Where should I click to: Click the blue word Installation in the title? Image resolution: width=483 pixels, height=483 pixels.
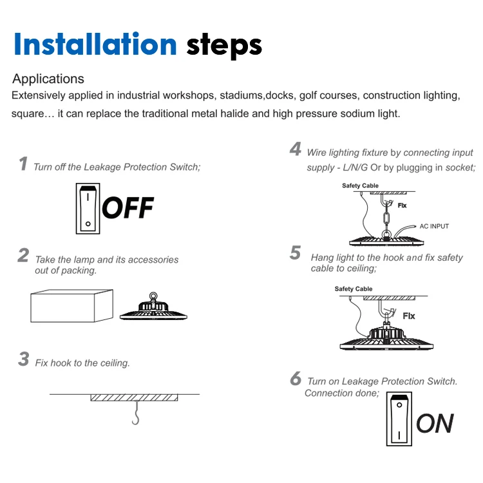tap(95, 44)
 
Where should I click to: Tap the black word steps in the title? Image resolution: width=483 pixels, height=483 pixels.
tap(224, 46)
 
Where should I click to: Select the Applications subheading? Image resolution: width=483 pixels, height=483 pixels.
tap(48, 79)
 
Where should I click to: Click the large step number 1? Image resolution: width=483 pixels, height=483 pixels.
tap(23, 164)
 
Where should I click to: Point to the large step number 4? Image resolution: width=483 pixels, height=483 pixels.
tap(296, 149)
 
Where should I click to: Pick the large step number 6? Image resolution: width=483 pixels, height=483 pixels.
tap(296, 378)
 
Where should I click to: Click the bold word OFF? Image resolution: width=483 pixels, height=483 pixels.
tap(128, 208)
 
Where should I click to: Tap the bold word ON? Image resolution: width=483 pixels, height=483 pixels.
tap(435, 424)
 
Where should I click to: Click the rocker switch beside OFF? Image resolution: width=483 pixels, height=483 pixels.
tap(88, 209)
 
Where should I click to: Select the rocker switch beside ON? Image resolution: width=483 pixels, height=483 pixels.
tap(399, 419)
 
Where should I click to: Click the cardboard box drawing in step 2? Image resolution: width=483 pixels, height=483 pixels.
tap(71, 306)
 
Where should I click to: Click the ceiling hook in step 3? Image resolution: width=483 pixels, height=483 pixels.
tap(136, 413)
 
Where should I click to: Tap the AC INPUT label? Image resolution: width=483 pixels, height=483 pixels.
tap(434, 227)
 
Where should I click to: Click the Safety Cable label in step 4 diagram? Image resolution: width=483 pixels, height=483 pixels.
tap(360, 185)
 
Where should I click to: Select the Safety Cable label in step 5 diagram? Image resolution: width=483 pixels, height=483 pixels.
tap(354, 289)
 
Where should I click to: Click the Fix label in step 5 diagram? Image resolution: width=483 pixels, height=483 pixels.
tap(409, 316)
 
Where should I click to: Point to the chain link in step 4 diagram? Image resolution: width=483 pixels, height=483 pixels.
tap(386, 219)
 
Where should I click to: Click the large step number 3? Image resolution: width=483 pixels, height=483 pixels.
tap(24, 359)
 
